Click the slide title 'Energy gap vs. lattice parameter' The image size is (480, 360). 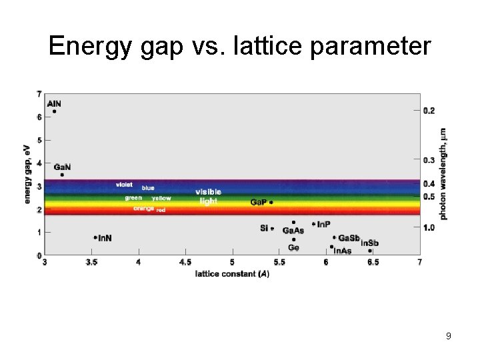pos(240,46)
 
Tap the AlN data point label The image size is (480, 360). pos(54,103)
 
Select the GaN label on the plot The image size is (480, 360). pos(62,166)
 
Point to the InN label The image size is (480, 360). pos(105,238)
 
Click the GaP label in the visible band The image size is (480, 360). pos(258,202)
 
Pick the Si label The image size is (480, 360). pos(264,228)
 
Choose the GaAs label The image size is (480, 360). pos(293,231)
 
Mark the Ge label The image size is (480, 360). pos(293,247)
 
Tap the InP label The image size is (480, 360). pos(323,224)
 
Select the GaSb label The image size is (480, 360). pos(349,238)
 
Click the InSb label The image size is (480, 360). pos(369,243)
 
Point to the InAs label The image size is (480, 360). pos(342,251)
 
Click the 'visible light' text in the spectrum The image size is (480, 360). pos(208,197)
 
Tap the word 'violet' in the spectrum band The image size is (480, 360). pos(124,184)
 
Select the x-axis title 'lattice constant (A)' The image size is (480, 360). pos(232,274)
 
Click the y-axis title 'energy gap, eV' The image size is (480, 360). pos(28,175)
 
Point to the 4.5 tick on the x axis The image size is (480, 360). pos(185,263)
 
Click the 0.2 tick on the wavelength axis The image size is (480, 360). pos(429,110)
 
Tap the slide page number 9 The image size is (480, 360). pos(449,336)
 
